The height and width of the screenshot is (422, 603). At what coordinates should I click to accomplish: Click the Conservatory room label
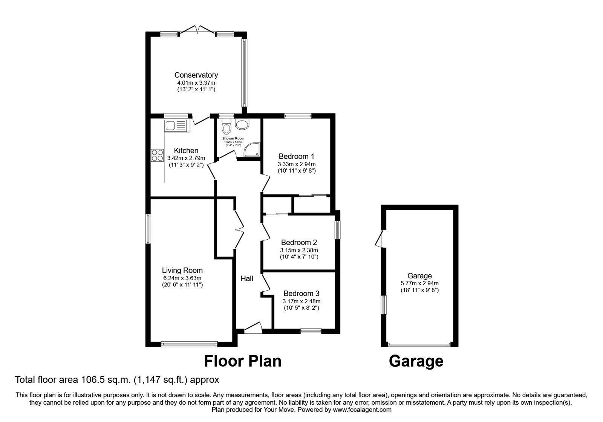pos(196,75)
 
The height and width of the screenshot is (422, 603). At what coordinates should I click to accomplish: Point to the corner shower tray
pos(251,150)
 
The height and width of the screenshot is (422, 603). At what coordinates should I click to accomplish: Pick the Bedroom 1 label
pos(296,156)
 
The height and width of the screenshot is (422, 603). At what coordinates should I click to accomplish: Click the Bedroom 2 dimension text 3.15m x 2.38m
pos(299,250)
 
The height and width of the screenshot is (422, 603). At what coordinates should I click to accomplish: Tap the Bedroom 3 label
pos(301,293)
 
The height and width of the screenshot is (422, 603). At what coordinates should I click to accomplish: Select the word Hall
pos(247,278)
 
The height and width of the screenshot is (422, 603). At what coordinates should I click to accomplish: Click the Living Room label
pos(182,270)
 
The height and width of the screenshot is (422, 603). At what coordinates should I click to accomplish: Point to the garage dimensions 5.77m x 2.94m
pos(419,283)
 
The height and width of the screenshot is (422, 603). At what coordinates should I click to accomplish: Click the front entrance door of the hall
pos(253,328)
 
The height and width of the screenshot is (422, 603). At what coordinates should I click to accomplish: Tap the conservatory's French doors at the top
pos(197,30)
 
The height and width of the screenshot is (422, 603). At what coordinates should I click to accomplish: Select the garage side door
pos(379,239)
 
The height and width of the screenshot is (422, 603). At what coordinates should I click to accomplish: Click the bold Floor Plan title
pos(243,361)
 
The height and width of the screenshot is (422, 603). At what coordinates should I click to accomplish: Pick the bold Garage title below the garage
pos(416,361)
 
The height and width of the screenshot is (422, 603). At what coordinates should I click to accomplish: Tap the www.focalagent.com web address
pos(362,410)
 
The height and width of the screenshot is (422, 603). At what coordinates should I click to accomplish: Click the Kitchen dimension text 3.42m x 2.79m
pos(186,158)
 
